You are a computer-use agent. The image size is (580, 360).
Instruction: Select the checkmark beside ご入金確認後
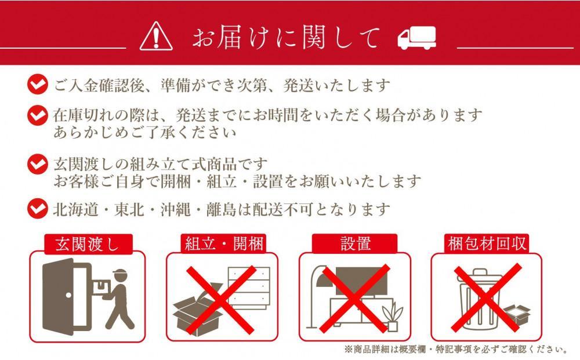click(x=38, y=85)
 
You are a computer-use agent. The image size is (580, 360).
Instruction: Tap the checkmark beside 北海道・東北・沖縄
click(x=38, y=207)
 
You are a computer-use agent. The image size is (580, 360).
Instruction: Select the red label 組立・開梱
click(x=222, y=244)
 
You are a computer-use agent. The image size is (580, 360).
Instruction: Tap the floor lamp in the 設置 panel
click(x=316, y=296)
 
